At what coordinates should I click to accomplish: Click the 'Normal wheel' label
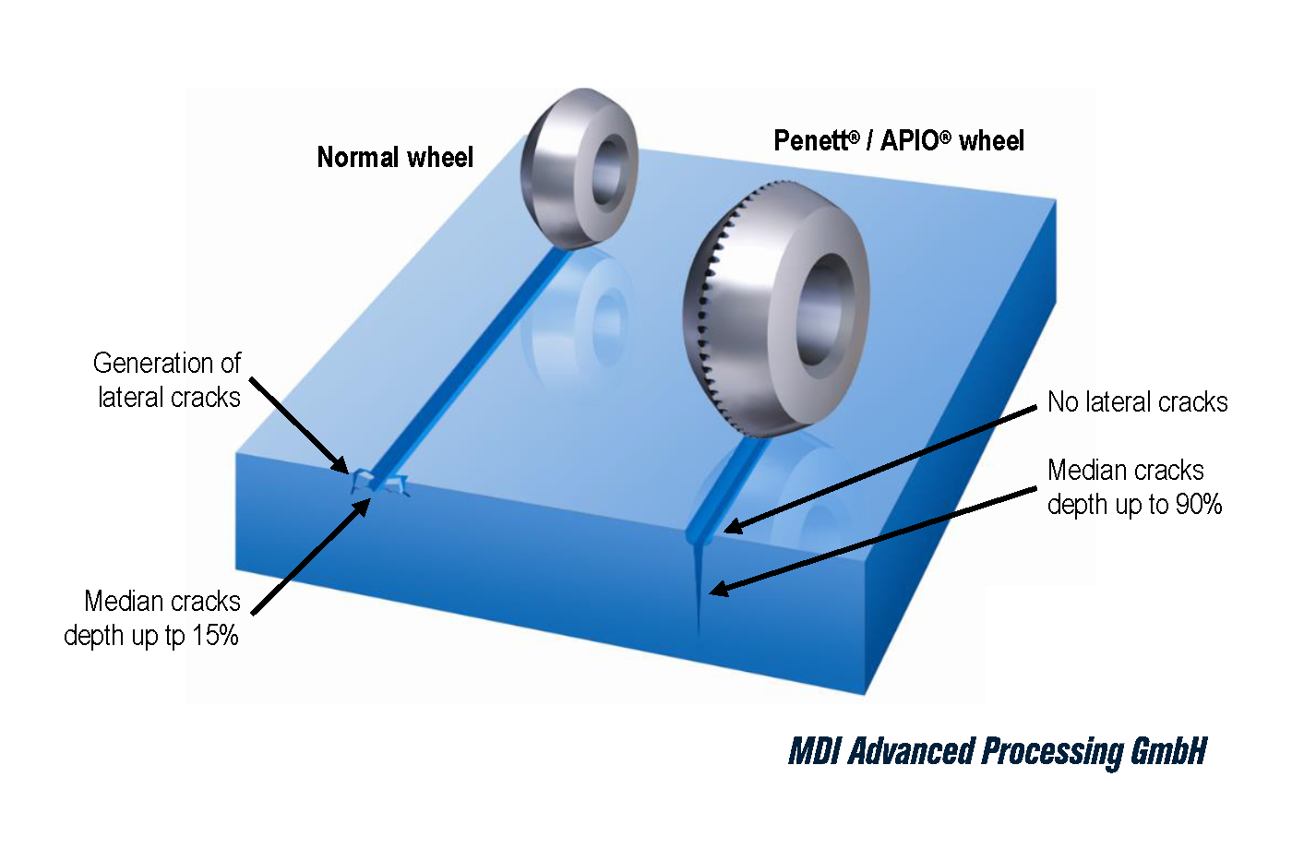click(x=395, y=158)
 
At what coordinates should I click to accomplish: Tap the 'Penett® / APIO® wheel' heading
click(x=899, y=141)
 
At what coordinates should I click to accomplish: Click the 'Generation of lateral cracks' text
click(x=168, y=380)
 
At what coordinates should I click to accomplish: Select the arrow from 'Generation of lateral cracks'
click(x=297, y=425)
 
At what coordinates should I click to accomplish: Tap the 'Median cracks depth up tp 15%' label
click(x=153, y=618)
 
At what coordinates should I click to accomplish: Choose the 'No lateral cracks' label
click(x=1137, y=402)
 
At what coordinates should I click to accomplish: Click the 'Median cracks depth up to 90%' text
click(x=1134, y=487)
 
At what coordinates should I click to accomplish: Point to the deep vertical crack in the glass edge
click(x=698, y=591)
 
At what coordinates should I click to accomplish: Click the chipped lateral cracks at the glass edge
click(x=378, y=481)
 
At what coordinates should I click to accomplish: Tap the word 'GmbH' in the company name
click(x=1168, y=752)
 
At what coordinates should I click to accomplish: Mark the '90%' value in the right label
click(x=1199, y=505)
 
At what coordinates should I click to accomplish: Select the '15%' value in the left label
click(x=215, y=636)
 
